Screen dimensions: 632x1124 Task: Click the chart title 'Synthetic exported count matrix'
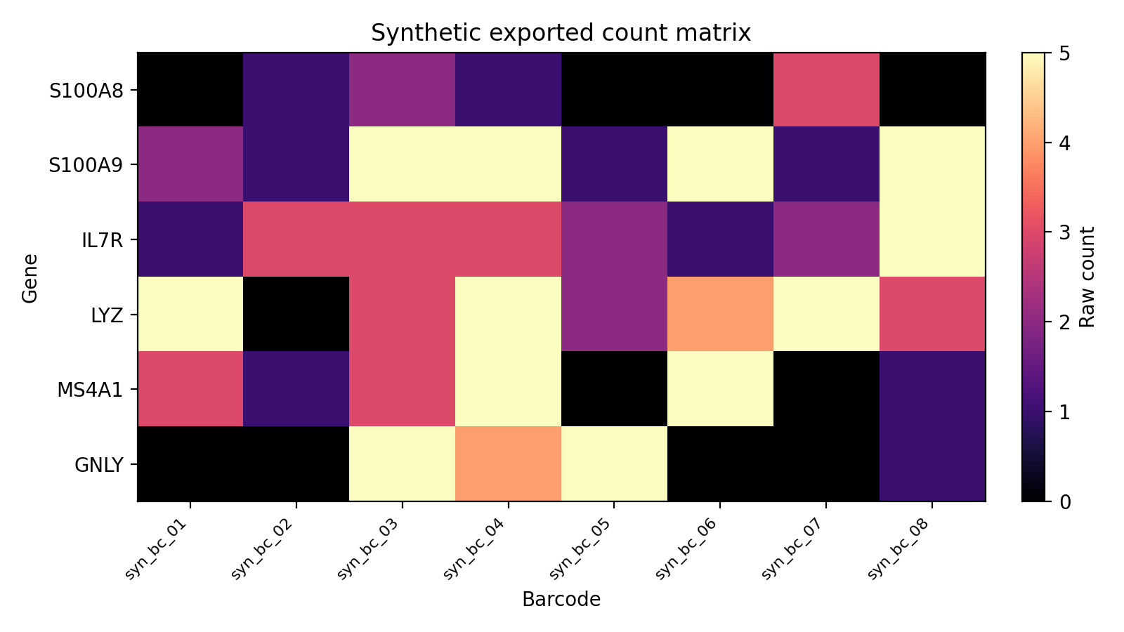tap(561, 33)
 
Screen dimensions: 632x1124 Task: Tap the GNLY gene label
tap(98, 464)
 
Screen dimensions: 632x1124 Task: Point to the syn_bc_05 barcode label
tap(581, 550)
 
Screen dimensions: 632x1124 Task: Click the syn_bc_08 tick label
tap(899, 550)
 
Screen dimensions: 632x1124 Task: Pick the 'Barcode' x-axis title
tap(561, 600)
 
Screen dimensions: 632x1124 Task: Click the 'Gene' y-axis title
tap(30, 278)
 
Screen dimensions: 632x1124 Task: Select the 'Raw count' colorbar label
tap(1087, 277)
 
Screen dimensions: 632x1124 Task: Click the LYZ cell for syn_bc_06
tap(720, 314)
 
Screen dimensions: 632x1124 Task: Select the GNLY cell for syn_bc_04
tap(508, 463)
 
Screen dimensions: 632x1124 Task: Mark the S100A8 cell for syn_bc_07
tap(826, 90)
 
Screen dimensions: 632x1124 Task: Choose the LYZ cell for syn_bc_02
tap(296, 314)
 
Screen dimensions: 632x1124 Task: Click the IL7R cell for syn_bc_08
tap(932, 239)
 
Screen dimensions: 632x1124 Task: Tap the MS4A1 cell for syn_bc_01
tap(190, 389)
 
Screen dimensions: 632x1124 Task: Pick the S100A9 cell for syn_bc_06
tap(720, 164)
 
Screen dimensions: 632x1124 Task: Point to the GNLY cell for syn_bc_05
tap(614, 463)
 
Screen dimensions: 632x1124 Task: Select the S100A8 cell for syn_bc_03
tap(402, 90)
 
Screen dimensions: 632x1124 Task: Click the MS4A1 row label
tap(90, 390)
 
